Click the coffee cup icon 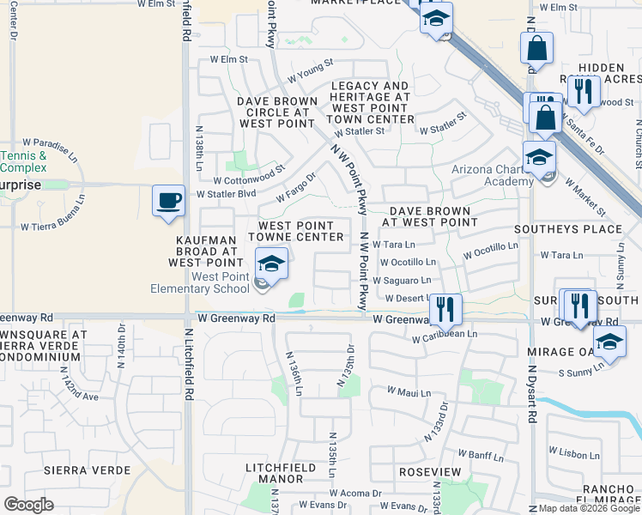tap(168, 200)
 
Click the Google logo tap(29, 505)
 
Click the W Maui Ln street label tap(408, 391)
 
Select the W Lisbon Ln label tap(576, 454)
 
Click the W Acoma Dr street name tap(353, 494)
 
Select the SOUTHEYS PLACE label tap(567, 229)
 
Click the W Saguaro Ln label tap(401, 281)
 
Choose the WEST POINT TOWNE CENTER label tap(297, 230)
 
